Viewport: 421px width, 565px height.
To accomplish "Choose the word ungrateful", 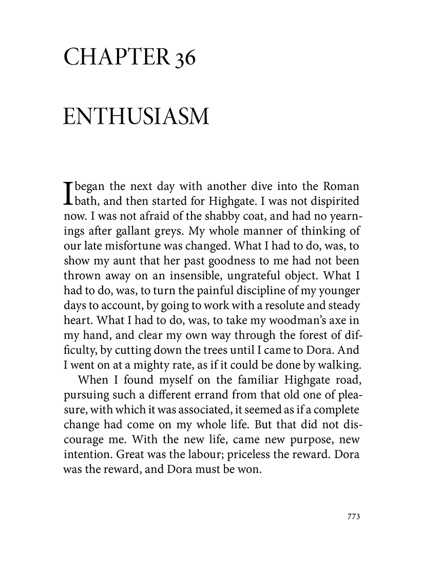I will tap(272, 266).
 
